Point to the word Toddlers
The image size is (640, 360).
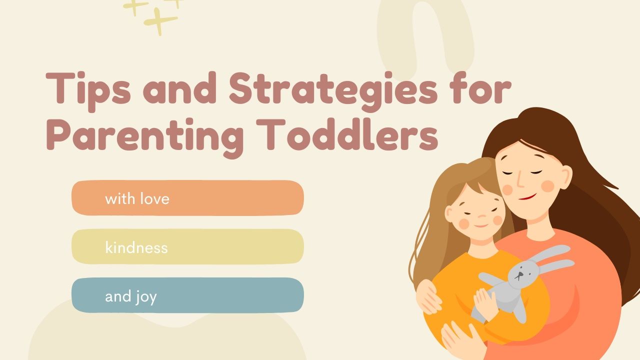click(347, 134)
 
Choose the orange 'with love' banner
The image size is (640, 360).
click(187, 197)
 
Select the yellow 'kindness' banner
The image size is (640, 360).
click(187, 246)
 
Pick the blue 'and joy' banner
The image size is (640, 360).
click(187, 295)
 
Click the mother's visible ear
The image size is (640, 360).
click(565, 177)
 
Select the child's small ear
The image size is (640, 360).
click(449, 214)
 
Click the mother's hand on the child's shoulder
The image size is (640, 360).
click(428, 297)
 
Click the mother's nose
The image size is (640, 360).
click(520, 180)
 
